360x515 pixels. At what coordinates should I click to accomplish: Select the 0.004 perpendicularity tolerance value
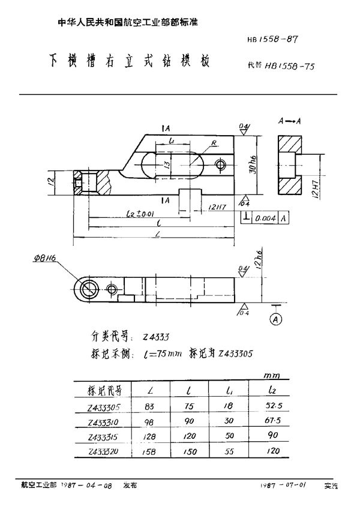click(x=265, y=220)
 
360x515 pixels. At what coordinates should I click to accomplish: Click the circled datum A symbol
click(x=277, y=318)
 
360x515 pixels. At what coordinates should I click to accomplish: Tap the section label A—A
click(x=290, y=122)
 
